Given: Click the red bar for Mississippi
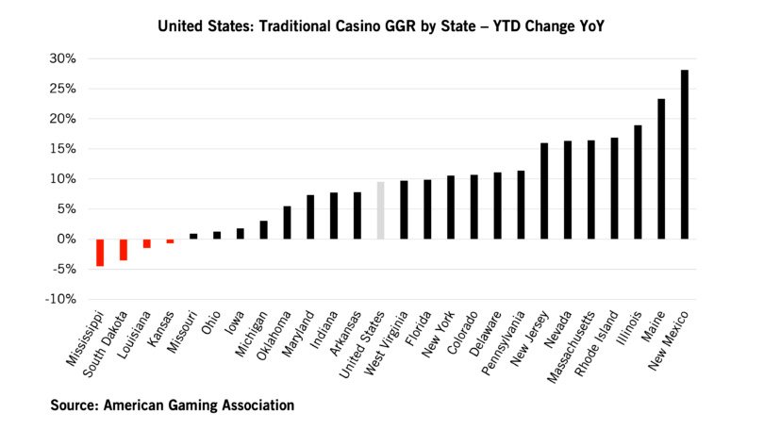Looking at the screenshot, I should coord(100,252).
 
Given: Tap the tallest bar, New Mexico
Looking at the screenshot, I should coord(685,155).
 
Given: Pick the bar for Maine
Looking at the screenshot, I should coord(661,169).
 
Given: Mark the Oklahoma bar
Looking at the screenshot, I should coord(287,223).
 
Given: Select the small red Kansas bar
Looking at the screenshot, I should coord(170,241).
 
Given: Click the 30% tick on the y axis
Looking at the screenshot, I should coord(62,58).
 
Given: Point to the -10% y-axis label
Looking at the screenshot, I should coord(60,299).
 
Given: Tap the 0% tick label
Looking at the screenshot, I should coord(66,239).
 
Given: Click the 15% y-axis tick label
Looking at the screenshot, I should coord(62,149).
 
